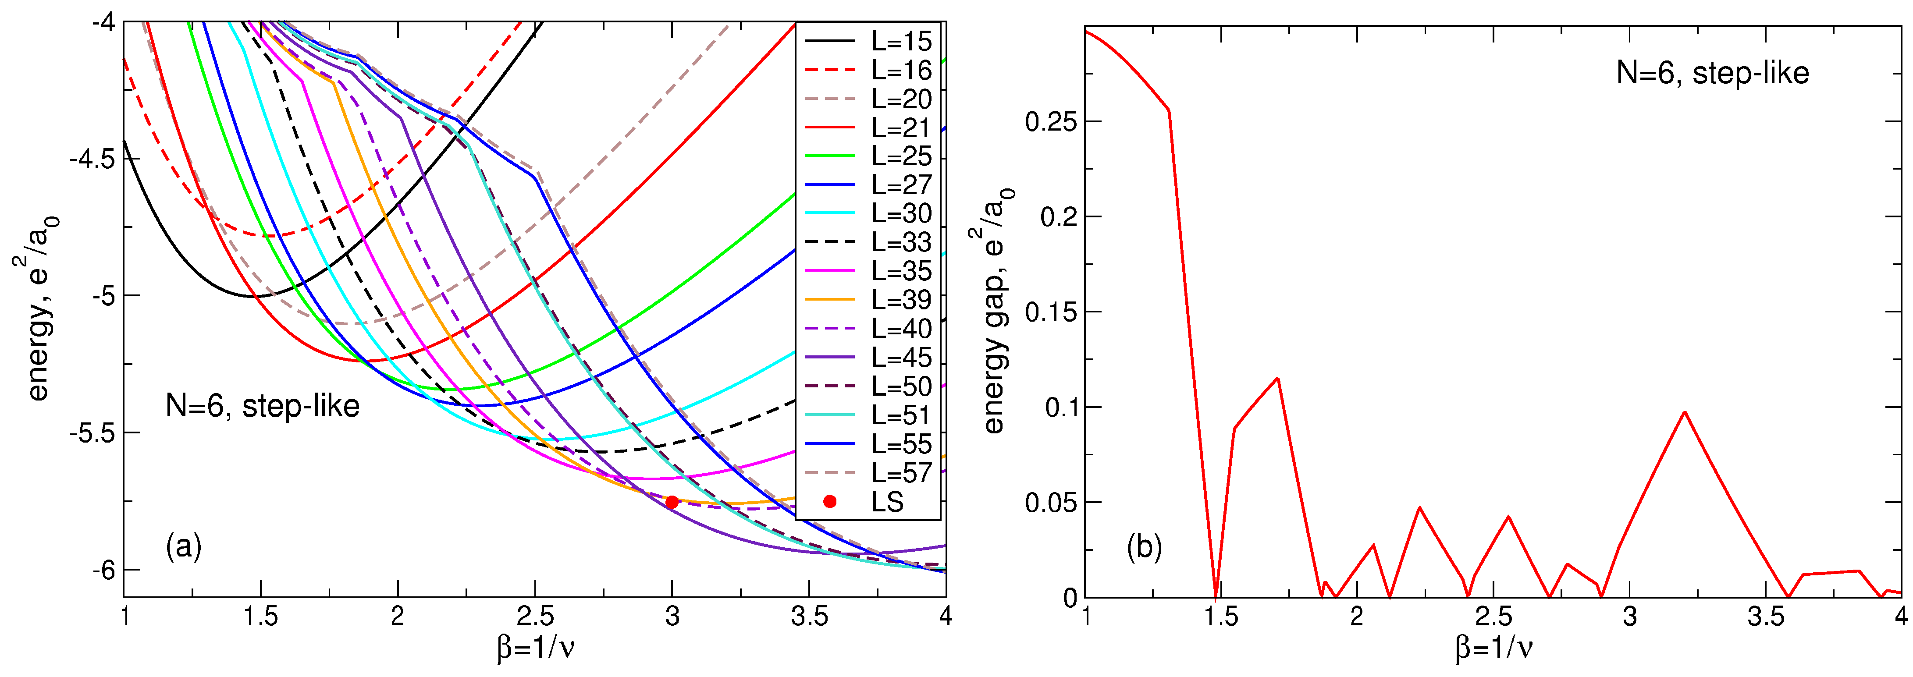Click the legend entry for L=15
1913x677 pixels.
(901, 42)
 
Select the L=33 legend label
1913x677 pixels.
(901, 243)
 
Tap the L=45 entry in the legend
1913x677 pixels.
(901, 358)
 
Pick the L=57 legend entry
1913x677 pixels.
(901, 473)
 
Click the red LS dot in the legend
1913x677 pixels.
(830, 502)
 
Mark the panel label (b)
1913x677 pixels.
(1144, 547)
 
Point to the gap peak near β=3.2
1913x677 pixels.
(1684, 412)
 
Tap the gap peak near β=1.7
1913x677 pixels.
(1277, 379)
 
